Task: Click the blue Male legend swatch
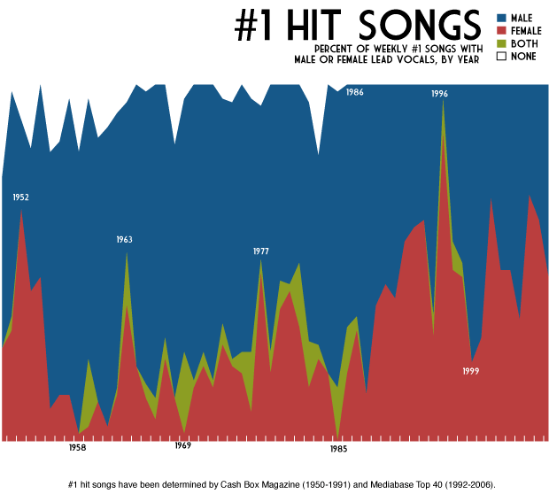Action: click(501, 18)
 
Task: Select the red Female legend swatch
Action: click(501, 30)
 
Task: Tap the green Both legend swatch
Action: click(501, 42)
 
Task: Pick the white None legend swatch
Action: click(501, 56)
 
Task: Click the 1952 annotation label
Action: click(21, 197)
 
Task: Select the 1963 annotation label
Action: click(124, 239)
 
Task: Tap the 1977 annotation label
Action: click(260, 251)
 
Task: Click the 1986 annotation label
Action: click(354, 92)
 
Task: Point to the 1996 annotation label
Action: click(440, 93)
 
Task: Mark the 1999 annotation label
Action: click(471, 371)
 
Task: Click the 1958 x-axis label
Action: click(78, 448)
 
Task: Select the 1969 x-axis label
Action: click(182, 446)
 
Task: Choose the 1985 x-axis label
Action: click(338, 449)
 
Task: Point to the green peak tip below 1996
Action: click(443, 112)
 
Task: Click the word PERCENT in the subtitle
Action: click(336, 49)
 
